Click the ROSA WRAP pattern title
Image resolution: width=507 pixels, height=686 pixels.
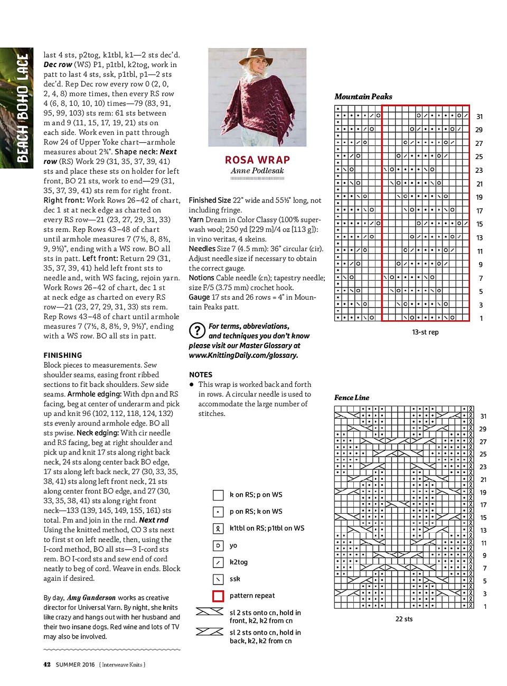point(257,160)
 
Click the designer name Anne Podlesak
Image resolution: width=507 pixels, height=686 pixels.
point(257,171)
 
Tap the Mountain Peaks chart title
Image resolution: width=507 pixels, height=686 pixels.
point(363,97)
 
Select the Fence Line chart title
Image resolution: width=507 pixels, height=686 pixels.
point(352,397)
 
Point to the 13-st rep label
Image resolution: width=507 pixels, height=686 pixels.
point(425,332)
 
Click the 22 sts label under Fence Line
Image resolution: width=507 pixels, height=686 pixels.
point(404,619)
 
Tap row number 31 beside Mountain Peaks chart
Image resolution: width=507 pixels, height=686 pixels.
point(479,117)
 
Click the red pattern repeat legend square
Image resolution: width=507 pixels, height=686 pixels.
point(218,596)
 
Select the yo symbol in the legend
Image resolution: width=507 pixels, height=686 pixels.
point(218,545)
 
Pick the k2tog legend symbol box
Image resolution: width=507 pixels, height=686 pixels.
point(218,562)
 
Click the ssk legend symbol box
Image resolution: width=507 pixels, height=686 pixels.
point(218,579)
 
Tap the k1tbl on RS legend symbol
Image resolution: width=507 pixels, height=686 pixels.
point(218,528)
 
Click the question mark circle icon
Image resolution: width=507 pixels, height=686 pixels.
point(197,331)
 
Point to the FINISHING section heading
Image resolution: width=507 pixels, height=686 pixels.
point(63,355)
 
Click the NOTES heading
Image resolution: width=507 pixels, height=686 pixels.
point(201,374)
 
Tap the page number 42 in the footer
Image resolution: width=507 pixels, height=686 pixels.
point(47,664)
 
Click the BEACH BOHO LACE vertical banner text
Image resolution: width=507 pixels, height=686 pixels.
point(22,108)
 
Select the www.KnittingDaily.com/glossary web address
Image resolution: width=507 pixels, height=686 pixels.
point(243,355)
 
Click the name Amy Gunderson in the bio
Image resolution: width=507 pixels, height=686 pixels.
point(91,598)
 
